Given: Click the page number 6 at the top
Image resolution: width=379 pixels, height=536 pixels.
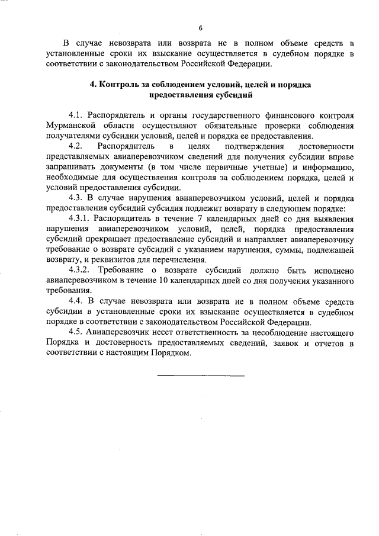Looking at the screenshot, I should [x=201, y=28].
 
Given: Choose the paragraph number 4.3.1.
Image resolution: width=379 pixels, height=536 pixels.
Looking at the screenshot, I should [x=81, y=221].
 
